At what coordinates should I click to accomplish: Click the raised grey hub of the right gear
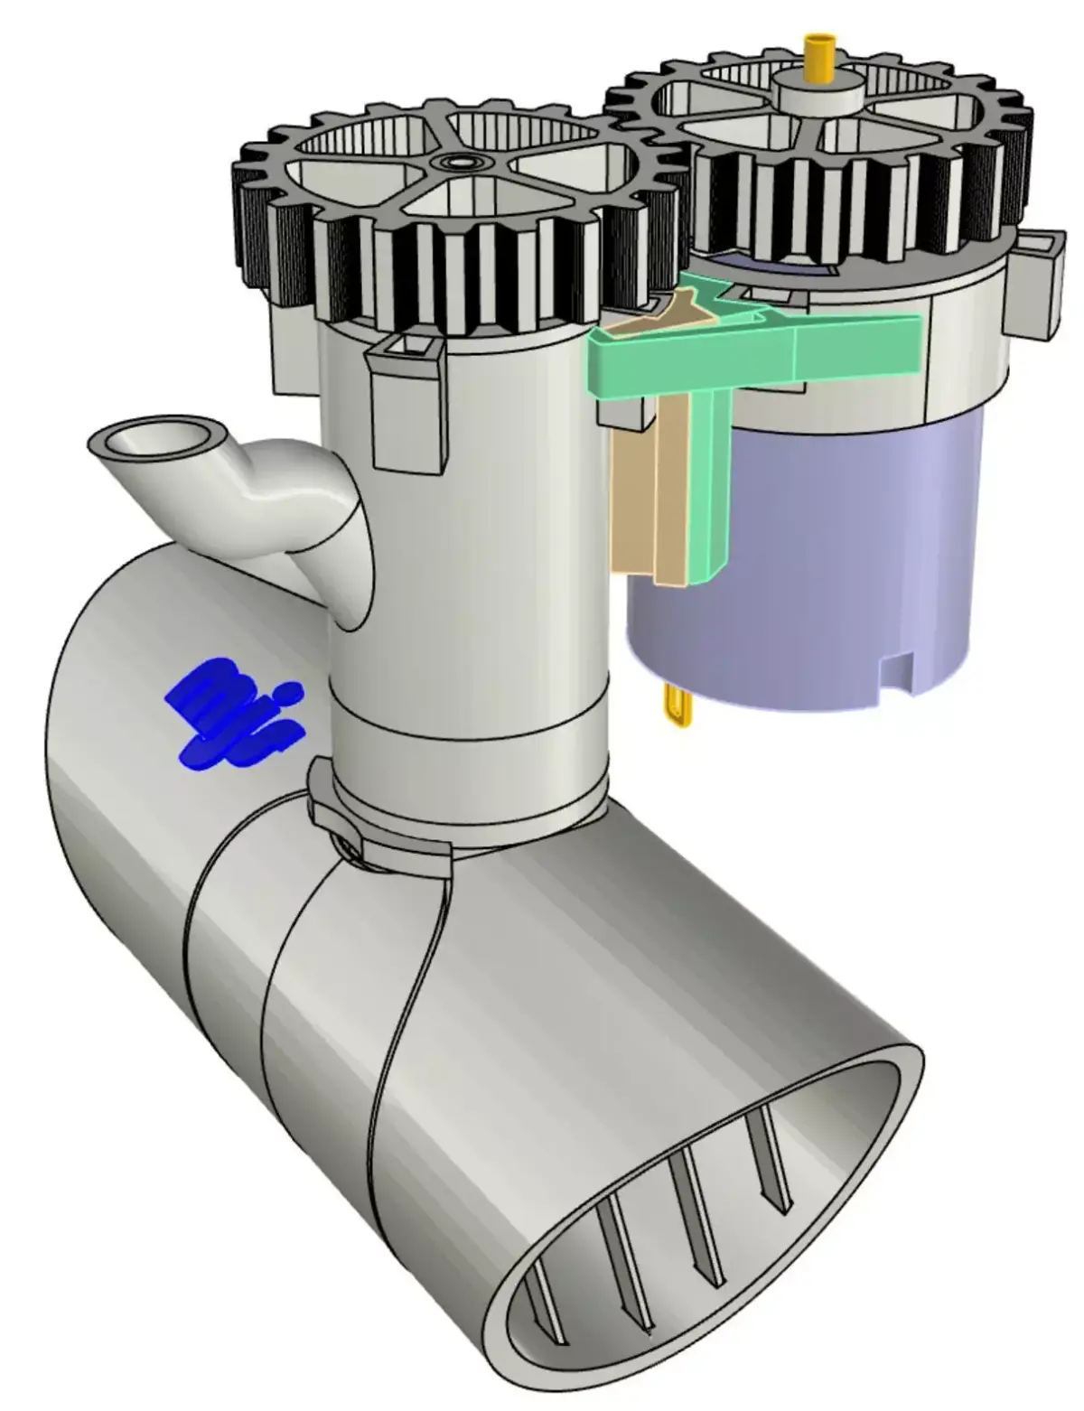tap(818, 94)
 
